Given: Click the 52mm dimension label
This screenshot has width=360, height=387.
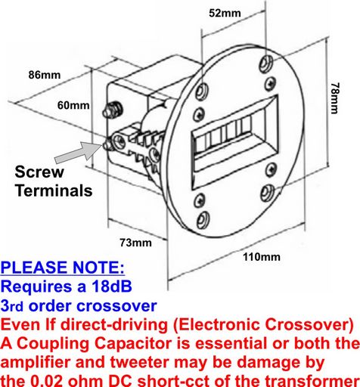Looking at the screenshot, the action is [225, 13].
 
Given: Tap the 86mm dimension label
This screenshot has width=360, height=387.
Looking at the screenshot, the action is [45, 75].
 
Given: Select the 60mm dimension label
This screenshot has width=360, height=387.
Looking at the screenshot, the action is [73, 105].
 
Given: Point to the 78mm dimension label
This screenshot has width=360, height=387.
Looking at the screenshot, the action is [335, 98].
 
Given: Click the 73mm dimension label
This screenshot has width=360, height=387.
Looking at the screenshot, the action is [135, 243].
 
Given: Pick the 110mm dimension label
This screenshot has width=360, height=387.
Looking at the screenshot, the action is [262, 257].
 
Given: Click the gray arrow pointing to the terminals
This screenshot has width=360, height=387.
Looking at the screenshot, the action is [78, 152].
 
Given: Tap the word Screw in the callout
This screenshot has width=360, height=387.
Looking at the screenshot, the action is [39, 172].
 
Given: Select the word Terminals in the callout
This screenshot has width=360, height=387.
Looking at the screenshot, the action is [54, 190].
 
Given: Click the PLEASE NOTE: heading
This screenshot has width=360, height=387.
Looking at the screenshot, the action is [63, 268].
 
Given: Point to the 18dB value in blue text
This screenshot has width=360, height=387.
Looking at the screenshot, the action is [112, 286].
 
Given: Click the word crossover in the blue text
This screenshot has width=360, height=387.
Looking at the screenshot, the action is [116, 306].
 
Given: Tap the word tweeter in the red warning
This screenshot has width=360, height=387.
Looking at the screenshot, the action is [139, 362].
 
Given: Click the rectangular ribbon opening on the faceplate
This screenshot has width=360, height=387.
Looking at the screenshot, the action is [235, 142].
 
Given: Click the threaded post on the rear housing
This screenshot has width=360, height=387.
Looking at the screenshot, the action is [112, 110].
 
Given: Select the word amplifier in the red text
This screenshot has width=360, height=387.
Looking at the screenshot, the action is [36, 362].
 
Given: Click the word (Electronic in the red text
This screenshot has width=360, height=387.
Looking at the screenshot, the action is [216, 324].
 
